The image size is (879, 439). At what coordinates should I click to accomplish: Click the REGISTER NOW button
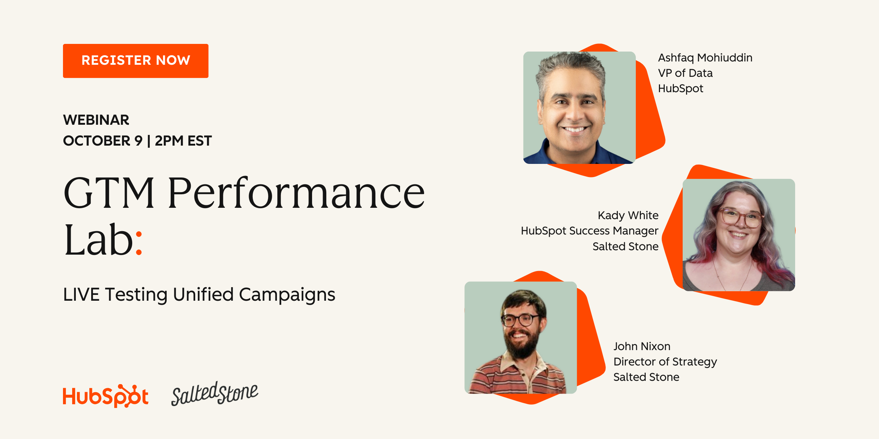pos(136,61)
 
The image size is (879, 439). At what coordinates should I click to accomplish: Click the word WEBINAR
pos(96,120)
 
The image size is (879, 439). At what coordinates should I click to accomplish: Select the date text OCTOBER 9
pos(103,141)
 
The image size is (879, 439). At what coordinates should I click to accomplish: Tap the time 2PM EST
pos(183,141)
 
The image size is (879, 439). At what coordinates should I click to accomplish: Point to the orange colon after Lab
pos(139,243)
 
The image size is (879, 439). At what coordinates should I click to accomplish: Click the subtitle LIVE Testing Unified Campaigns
pos(199,295)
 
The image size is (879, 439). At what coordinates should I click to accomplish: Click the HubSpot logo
pos(105,396)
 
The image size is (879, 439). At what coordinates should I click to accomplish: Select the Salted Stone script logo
pos(215,394)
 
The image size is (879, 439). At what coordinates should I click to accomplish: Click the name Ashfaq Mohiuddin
pos(705,58)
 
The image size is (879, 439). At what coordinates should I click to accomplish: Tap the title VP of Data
pos(685,73)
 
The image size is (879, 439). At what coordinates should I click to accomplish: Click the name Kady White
pos(628,215)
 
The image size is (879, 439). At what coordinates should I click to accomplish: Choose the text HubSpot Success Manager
pos(590,231)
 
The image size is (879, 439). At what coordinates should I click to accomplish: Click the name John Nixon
pos(642,346)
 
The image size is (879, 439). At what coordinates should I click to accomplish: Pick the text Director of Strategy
pos(665,362)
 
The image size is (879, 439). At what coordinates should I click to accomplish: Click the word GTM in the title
pos(109,193)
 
